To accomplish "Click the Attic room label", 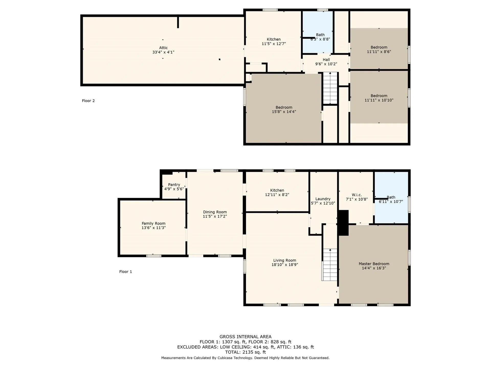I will point(163,48).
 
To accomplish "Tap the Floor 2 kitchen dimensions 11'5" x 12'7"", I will point(274,44).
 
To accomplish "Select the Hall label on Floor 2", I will point(326,60).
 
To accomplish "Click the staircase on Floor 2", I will point(330,88).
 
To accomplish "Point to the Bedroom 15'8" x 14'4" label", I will point(284,109).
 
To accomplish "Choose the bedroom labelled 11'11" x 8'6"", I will point(379,49).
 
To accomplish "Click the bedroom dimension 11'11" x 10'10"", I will point(379,100).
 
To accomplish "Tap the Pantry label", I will point(174,185).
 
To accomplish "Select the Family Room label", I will point(153,223).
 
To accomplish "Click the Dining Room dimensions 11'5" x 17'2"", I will point(215,216).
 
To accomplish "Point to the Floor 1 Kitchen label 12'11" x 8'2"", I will point(277,192).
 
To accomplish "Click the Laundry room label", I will point(323,199).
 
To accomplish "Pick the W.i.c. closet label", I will point(356,195).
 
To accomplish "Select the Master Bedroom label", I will point(374,264).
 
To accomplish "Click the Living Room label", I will point(284,260).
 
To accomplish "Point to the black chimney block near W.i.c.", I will point(343,223).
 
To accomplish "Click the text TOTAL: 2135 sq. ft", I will point(245,352).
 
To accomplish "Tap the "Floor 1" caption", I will point(125,272).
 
